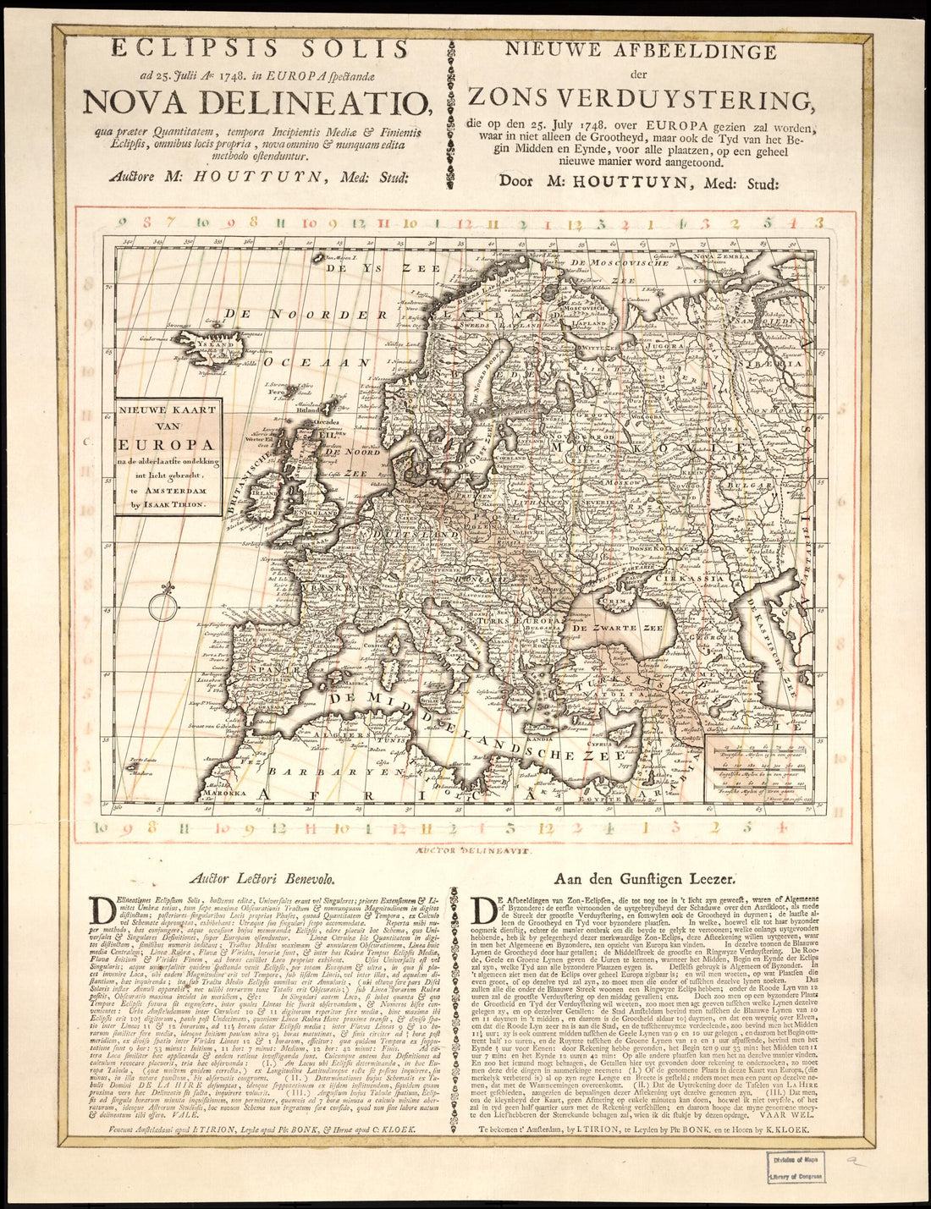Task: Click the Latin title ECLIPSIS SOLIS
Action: click(264, 48)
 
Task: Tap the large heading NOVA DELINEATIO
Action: click(264, 102)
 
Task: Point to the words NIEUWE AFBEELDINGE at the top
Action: click(641, 51)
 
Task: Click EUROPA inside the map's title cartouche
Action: click(167, 443)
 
